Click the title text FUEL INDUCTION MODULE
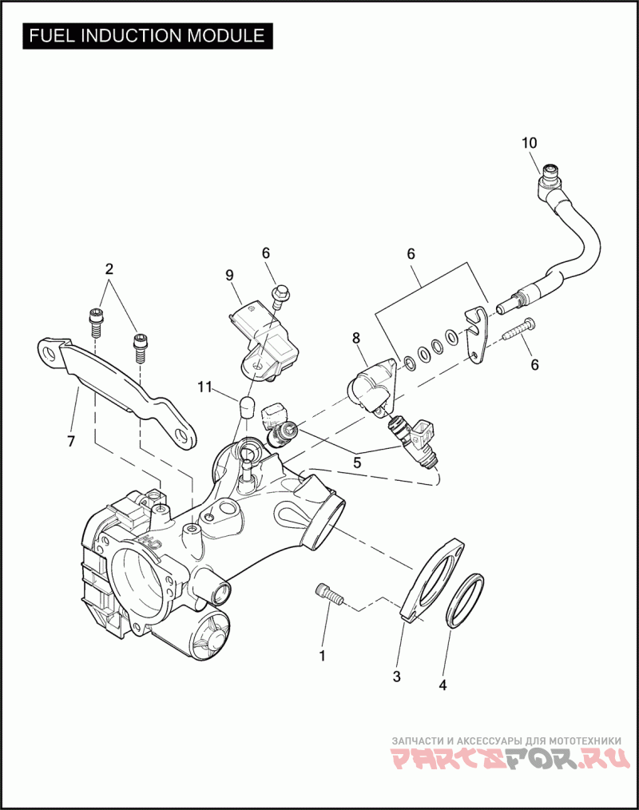coord(147,36)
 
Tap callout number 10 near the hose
coord(530,144)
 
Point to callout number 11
coord(206,387)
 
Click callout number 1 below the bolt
coord(322,656)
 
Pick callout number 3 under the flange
coord(396,677)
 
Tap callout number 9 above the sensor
coord(229,275)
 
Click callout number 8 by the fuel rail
coord(356,338)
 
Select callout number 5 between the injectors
coord(356,461)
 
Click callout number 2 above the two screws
coord(109,268)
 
